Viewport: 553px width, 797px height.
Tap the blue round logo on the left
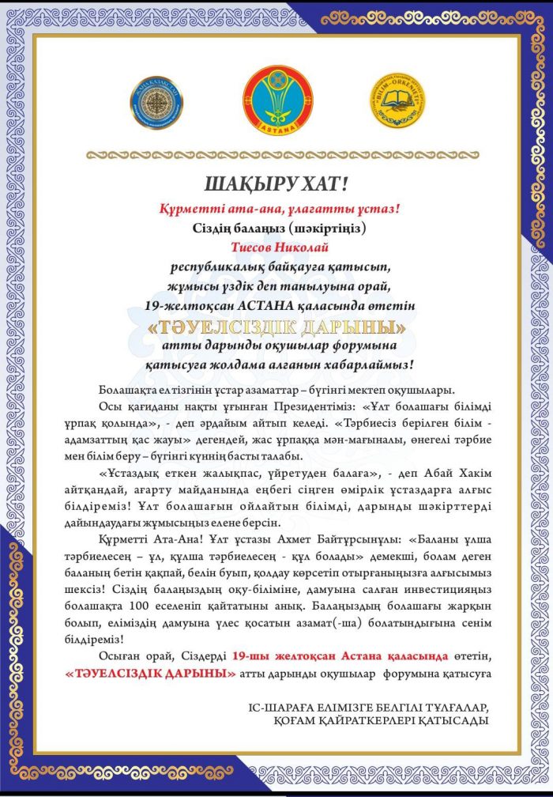pyautogui.click(x=157, y=103)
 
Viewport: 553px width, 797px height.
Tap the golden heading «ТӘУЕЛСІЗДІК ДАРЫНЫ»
pyautogui.click(x=276, y=326)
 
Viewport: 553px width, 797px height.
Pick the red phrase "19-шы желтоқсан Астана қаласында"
pyautogui.click(x=340, y=656)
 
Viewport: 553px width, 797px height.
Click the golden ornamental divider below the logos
pyautogui.click(x=276, y=152)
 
